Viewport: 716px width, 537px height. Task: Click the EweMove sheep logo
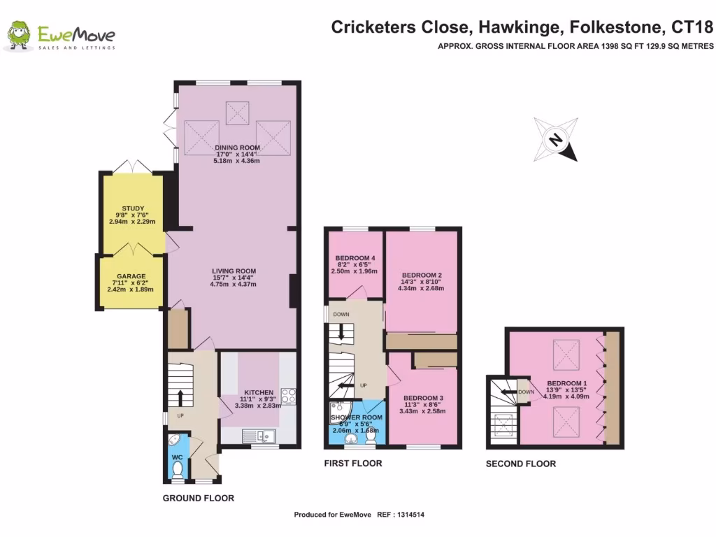[x=20, y=36]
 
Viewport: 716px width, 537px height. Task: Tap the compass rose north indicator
[x=556, y=140]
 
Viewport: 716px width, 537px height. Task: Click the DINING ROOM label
[x=237, y=148]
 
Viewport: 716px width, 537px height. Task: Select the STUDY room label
[x=132, y=208]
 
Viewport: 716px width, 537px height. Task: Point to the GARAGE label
[x=131, y=276]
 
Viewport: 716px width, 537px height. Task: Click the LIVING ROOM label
[x=234, y=271]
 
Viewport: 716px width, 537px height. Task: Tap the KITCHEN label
[x=258, y=392]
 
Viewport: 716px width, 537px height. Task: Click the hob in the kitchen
[x=288, y=396]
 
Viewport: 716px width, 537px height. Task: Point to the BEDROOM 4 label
[x=355, y=257]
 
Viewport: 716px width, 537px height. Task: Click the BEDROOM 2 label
[x=421, y=275]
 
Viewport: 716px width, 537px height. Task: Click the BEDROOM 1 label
[x=568, y=383]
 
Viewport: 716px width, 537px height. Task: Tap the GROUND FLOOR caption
[x=198, y=499]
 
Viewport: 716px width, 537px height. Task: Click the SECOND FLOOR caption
[x=521, y=464]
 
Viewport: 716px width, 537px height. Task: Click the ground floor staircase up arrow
[x=180, y=397]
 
